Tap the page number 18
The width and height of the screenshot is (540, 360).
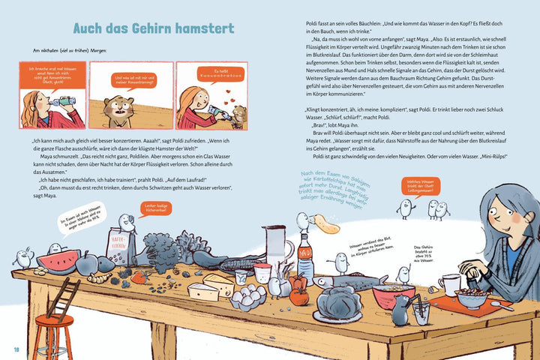click(x=15, y=349)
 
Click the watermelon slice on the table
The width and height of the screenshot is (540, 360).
click(x=58, y=262)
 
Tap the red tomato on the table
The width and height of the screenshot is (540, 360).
click(x=298, y=296)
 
